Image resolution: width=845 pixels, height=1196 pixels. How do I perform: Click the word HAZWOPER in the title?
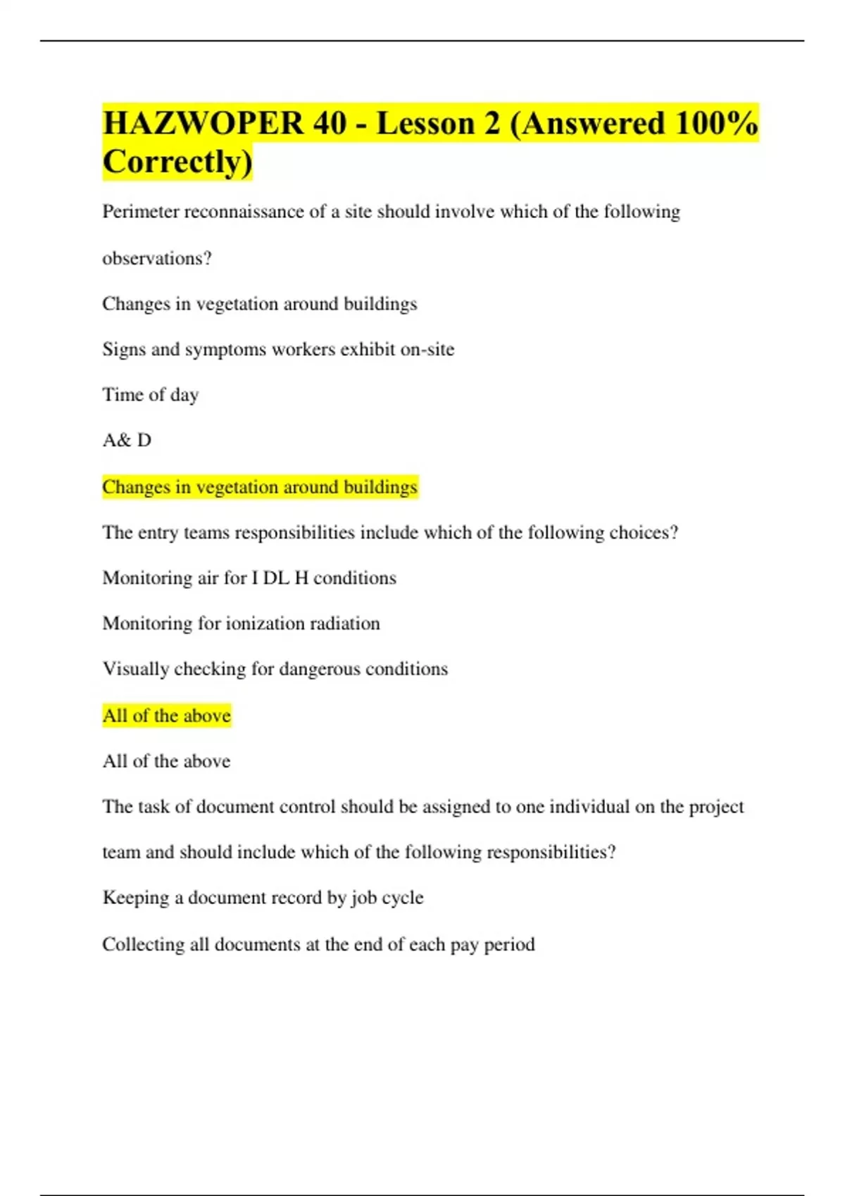pos(203,124)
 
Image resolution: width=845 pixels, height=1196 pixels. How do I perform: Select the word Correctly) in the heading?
pos(177,162)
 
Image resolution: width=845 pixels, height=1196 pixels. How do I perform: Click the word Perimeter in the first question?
pos(141,212)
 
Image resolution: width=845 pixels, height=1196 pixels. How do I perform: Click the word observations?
pos(157,258)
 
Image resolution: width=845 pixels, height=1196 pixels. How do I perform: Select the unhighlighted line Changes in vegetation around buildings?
pos(259,304)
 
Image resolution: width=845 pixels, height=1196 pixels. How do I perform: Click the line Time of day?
pos(151,395)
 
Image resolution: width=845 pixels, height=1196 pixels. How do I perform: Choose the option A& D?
pos(127,440)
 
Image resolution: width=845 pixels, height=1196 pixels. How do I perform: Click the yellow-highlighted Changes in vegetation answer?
pos(259,487)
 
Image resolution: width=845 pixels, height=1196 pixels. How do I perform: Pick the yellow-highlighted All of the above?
pos(166,716)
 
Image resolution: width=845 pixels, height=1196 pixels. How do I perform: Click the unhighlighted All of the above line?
pos(166,761)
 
